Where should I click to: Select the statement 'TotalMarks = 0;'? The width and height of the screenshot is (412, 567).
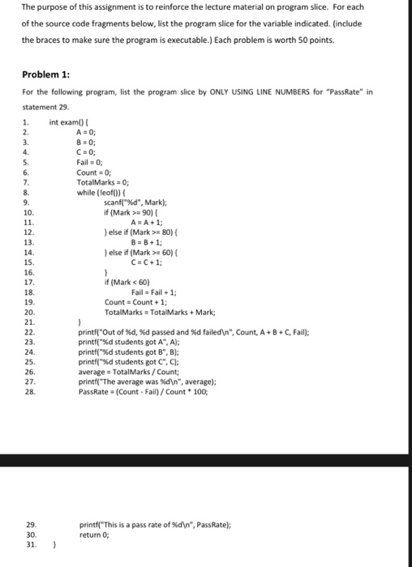[x=103, y=182]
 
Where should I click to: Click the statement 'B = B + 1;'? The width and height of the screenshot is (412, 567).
[x=146, y=241]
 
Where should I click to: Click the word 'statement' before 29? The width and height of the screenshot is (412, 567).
[x=36, y=105]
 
